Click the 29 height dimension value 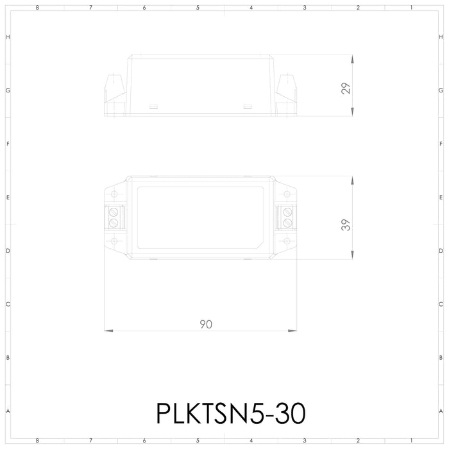coord(346,88)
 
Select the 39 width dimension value coord(346,225)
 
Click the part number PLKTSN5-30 coord(231,412)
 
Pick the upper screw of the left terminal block coord(114,210)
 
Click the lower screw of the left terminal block coord(114,222)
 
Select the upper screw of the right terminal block coord(287,210)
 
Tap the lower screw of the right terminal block coord(287,222)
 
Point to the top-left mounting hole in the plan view coord(114,192)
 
